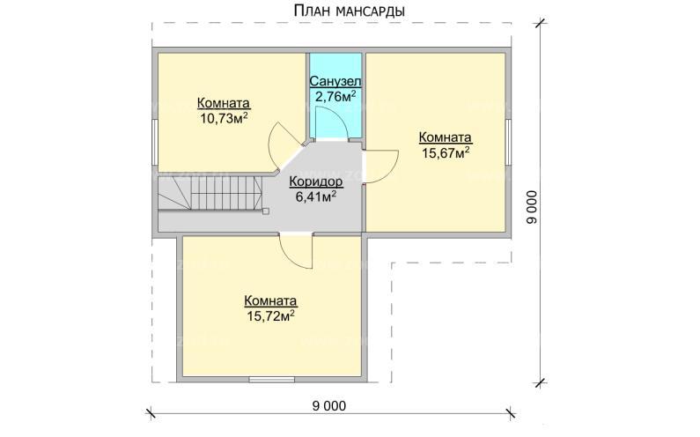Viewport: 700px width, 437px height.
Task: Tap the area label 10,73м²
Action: pos(222,118)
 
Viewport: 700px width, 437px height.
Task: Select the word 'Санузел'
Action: pos(335,81)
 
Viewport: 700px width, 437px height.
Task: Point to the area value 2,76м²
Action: pos(335,96)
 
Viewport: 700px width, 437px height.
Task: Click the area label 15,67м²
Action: pos(445,152)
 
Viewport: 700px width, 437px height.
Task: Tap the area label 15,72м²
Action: pos(270,314)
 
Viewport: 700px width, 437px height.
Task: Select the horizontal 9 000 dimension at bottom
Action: pos(328,405)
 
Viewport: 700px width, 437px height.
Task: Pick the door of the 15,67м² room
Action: pos(379,165)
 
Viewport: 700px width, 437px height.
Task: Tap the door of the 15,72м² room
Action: pos(297,252)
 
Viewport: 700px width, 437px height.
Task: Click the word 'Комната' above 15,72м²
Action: pos(270,299)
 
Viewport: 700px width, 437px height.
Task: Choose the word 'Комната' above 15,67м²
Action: pos(445,137)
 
